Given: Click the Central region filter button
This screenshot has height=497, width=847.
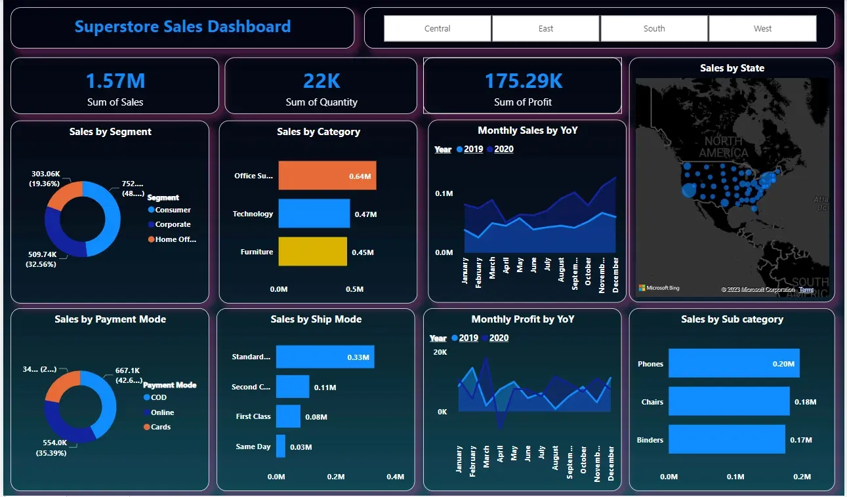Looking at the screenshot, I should [x=438, y=29].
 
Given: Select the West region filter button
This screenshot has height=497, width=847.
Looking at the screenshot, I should [x=762, y=29].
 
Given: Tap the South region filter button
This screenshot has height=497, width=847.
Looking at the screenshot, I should [x=654, y=29].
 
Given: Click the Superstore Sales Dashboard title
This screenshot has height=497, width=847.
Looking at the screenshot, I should [x=182, y=27].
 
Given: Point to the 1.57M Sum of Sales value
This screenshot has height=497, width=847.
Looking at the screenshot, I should [x=115, y=81].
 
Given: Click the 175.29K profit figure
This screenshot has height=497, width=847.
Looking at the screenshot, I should [x=523, y=81].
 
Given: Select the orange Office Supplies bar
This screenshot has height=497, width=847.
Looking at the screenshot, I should [x=327, y=176].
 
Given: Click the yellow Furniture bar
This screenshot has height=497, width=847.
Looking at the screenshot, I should [x=312, y=252].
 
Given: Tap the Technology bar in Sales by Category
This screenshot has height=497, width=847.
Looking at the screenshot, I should [x=314, y=214].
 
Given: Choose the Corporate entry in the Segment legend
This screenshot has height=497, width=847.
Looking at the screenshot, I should [x=172, y=224].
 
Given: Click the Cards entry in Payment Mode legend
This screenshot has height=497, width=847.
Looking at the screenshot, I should [x=160, y=427].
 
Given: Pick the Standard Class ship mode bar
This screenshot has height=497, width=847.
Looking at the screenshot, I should [x=325, y=357].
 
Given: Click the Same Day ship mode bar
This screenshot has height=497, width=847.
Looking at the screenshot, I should [x=281, y=447].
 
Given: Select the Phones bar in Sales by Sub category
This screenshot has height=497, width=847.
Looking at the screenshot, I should [x=733, y=363].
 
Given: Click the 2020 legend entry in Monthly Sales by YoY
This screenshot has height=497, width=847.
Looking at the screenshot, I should [x=503, y=149].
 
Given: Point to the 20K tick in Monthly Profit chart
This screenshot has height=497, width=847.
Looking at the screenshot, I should [x=440, y=352].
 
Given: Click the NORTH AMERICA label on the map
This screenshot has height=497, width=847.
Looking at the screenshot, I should [x=723, y=147].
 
